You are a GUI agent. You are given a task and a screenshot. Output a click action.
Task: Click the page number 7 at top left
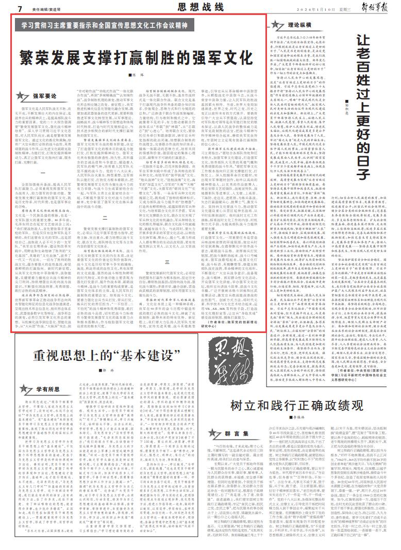[x=19, y=9]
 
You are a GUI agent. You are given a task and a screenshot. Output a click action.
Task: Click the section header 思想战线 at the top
[x=201, y=7]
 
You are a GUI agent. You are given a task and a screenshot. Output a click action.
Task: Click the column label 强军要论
[x=45, y=96]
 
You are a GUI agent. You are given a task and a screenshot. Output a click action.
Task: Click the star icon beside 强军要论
[x=23, y=96]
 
